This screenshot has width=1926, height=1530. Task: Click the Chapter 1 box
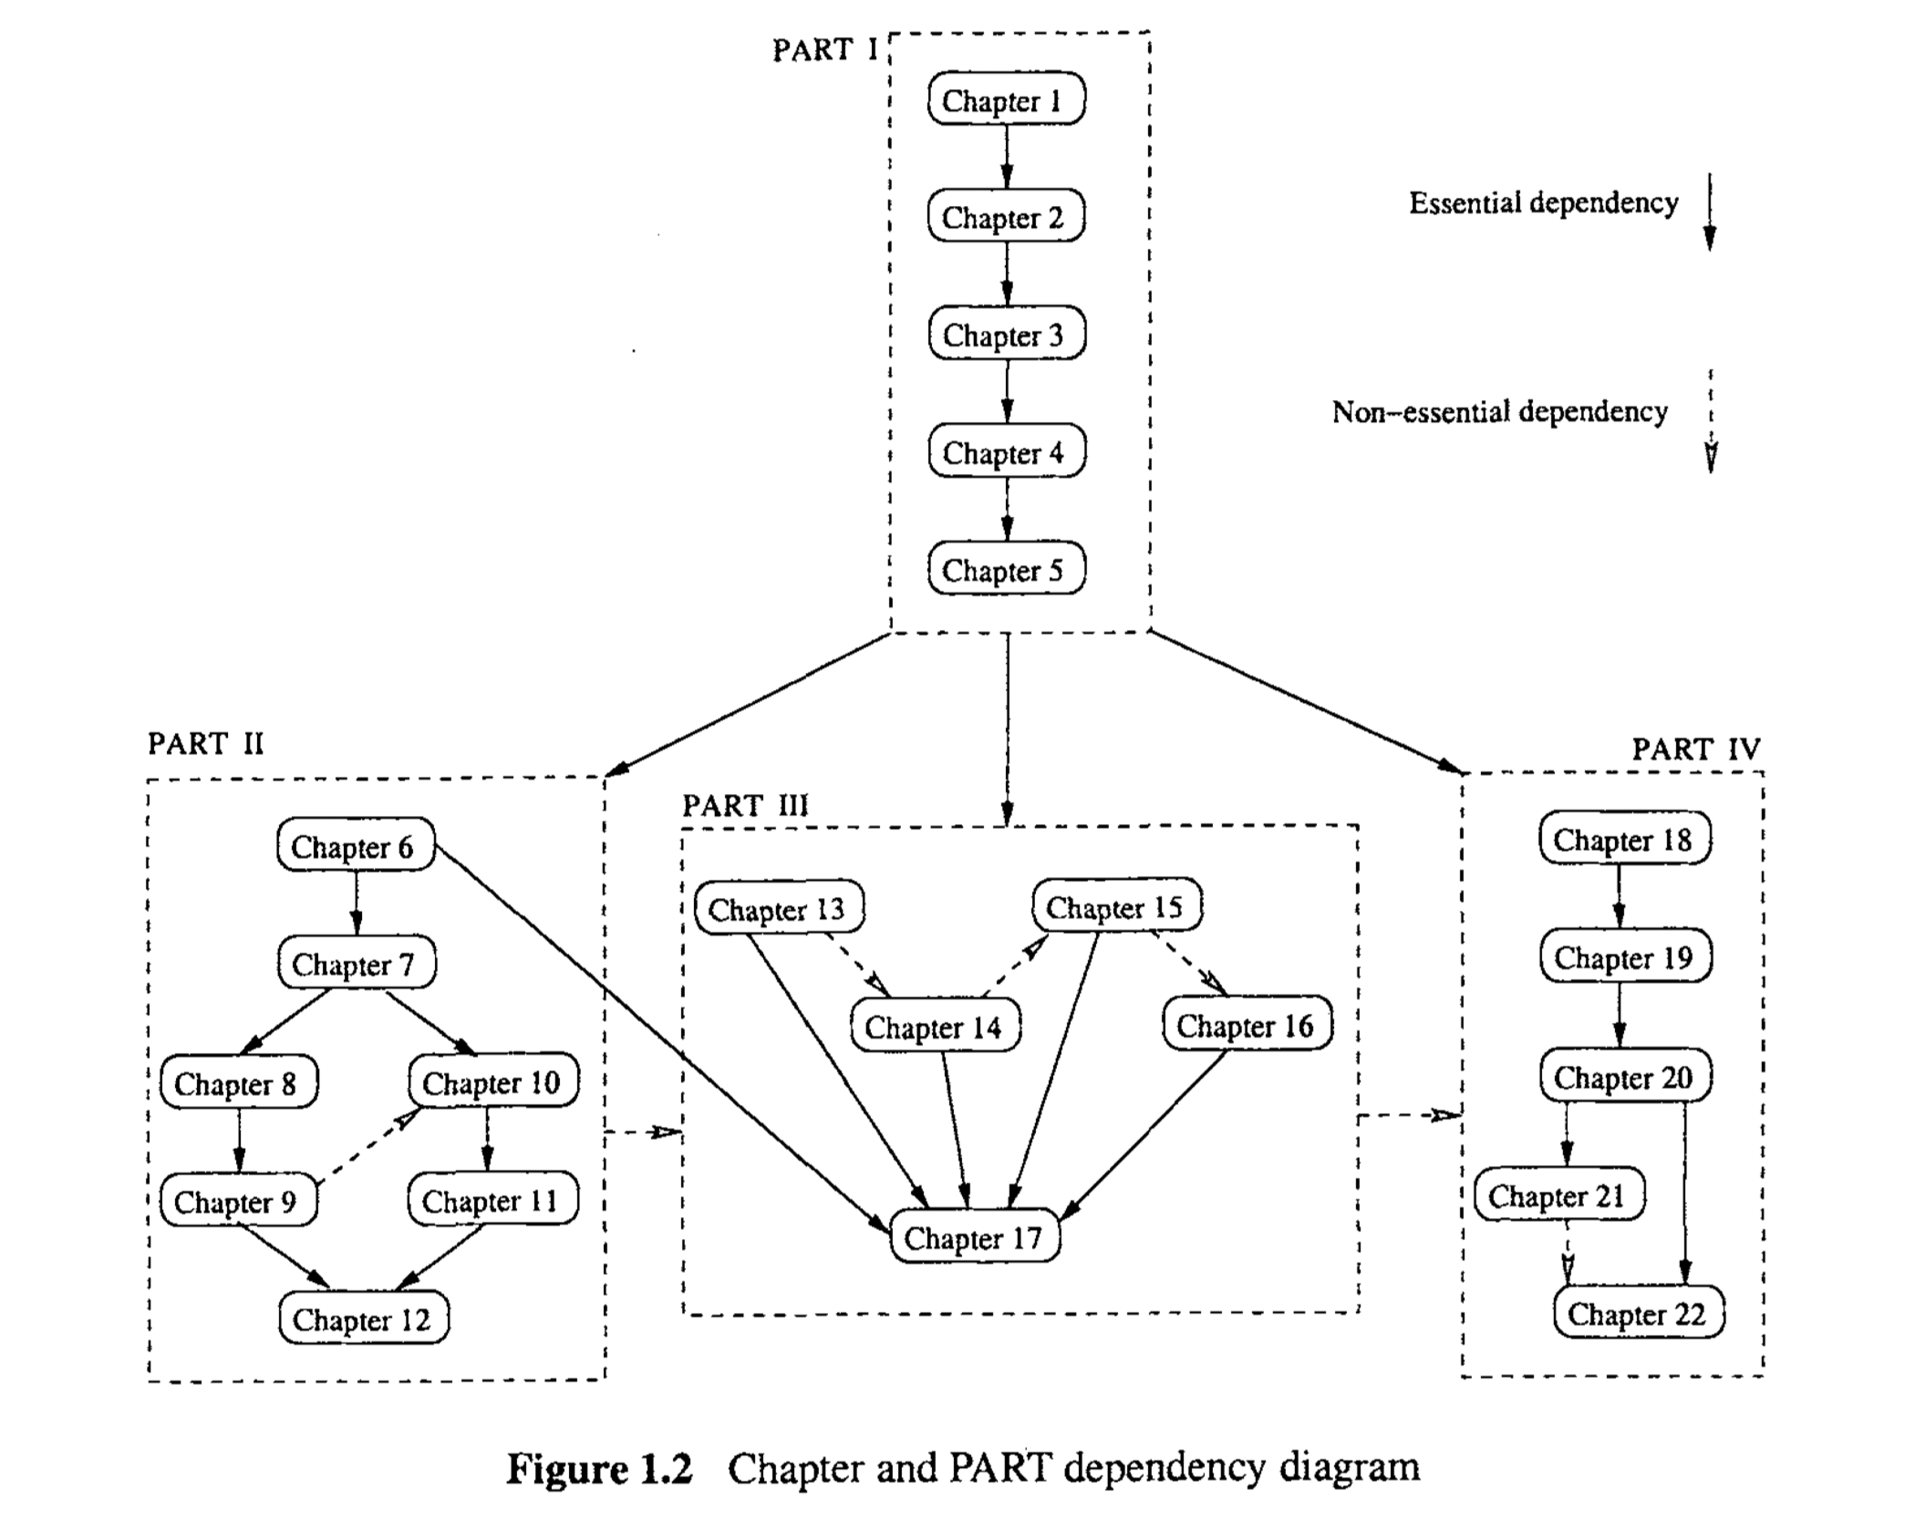click(1006, 99)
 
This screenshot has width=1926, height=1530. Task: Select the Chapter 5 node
click(1006, 570)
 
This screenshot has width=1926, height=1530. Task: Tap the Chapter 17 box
click(974, 1237)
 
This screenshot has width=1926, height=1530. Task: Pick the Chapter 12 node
click(363, 1318)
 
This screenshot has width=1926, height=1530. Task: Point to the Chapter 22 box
click(1638, 1313)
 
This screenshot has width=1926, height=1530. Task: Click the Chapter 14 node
click(935, 1027)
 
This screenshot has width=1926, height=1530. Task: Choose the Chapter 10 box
click(492, 1082)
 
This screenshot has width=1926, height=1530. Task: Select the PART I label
click(824, 50)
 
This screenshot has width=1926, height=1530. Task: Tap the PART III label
click(745, 806)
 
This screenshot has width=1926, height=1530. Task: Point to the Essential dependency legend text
click(1543, 202)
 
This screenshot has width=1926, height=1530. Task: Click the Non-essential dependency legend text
click(1500, 412)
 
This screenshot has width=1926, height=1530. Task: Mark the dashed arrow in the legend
click(1711, 421)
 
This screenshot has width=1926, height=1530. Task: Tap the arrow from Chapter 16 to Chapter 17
click(1147, 1133)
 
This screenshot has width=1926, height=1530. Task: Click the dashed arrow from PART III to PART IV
click(1409, 1114)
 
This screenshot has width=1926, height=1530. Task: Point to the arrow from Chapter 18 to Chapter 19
click(1620, 896)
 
